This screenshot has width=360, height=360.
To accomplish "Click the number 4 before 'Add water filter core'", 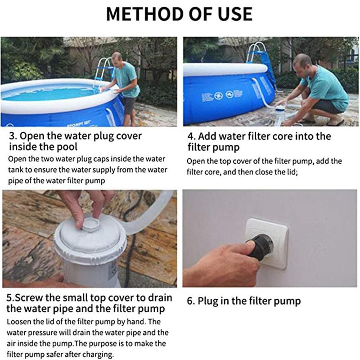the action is point(190,137).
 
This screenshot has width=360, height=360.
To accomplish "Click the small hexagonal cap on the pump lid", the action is point(90,224).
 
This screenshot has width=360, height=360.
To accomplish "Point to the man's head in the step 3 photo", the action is point(117,58).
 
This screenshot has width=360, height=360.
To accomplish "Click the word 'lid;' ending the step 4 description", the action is point(291,172).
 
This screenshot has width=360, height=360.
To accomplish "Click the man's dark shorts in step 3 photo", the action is point(129,105).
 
